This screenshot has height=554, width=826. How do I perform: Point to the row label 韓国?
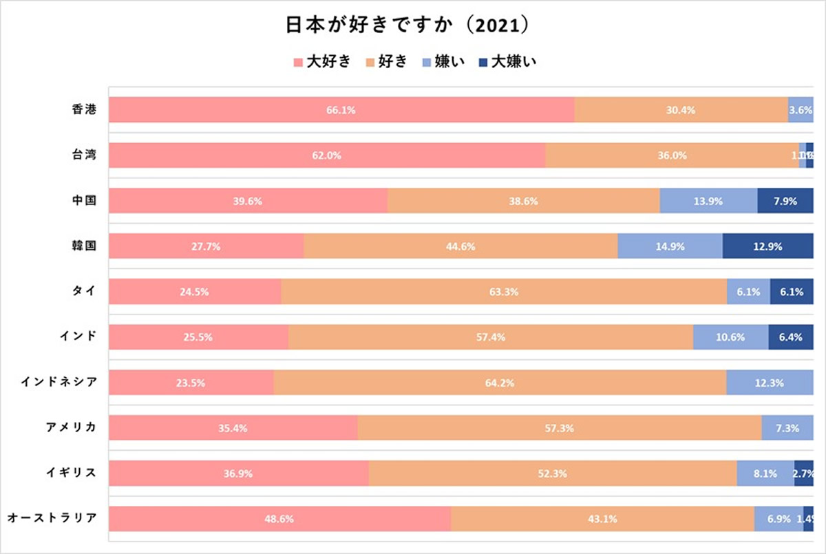tap(83, 246)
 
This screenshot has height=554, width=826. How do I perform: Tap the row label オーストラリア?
tap(51, 518)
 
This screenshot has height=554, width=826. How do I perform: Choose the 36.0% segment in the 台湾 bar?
tap(672, 156)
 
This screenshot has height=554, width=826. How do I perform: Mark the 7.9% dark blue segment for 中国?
tap(785, 201)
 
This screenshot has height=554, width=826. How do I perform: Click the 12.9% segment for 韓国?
tap(768, 246)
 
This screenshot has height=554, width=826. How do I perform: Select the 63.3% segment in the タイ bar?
tap(504, 292)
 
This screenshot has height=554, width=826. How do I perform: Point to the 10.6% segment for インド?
tap(731, 337)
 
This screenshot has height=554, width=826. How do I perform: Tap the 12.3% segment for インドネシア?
tap(770, 383)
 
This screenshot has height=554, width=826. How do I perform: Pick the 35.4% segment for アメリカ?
tap(233, 428)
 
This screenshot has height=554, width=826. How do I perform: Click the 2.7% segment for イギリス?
tap(804, 473)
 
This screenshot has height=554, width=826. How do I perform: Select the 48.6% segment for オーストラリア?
tap(279, 519)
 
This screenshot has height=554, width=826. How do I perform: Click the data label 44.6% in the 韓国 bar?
tap(460, 246)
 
